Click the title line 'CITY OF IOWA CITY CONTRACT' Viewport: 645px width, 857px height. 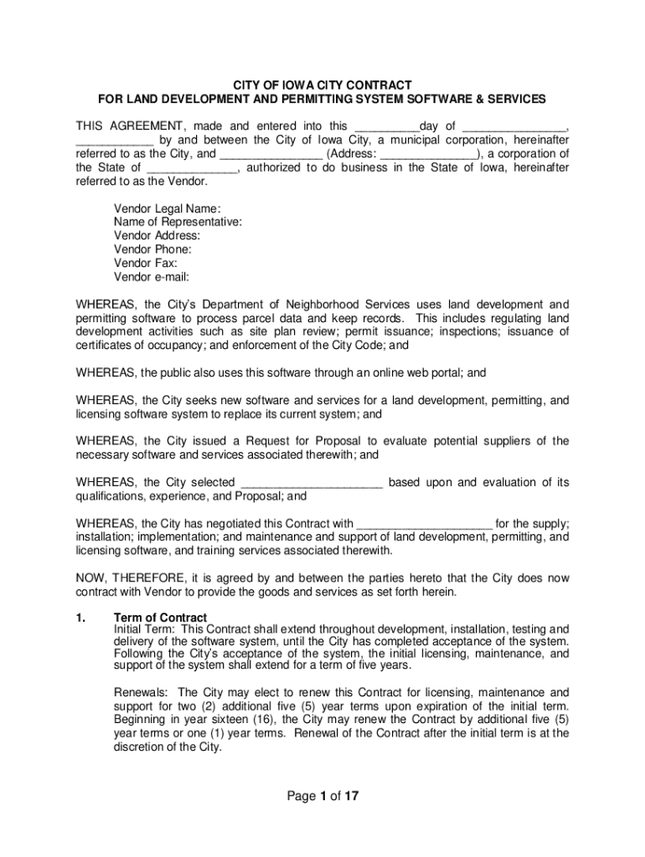[322, 85]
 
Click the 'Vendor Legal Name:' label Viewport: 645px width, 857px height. [167, 208]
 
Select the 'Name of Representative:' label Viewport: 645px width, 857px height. [178, 222]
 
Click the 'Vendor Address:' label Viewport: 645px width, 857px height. [157, 236]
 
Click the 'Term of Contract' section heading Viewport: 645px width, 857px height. [160, 618]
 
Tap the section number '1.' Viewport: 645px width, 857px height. [81, 618]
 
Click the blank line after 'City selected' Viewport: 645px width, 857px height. [312, 483]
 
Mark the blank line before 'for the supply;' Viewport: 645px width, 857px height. [425, 524]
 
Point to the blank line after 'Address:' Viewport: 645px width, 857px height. [429, 154]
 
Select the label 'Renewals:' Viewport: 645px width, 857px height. [142, 693]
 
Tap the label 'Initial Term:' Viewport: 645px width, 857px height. [145, 629]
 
